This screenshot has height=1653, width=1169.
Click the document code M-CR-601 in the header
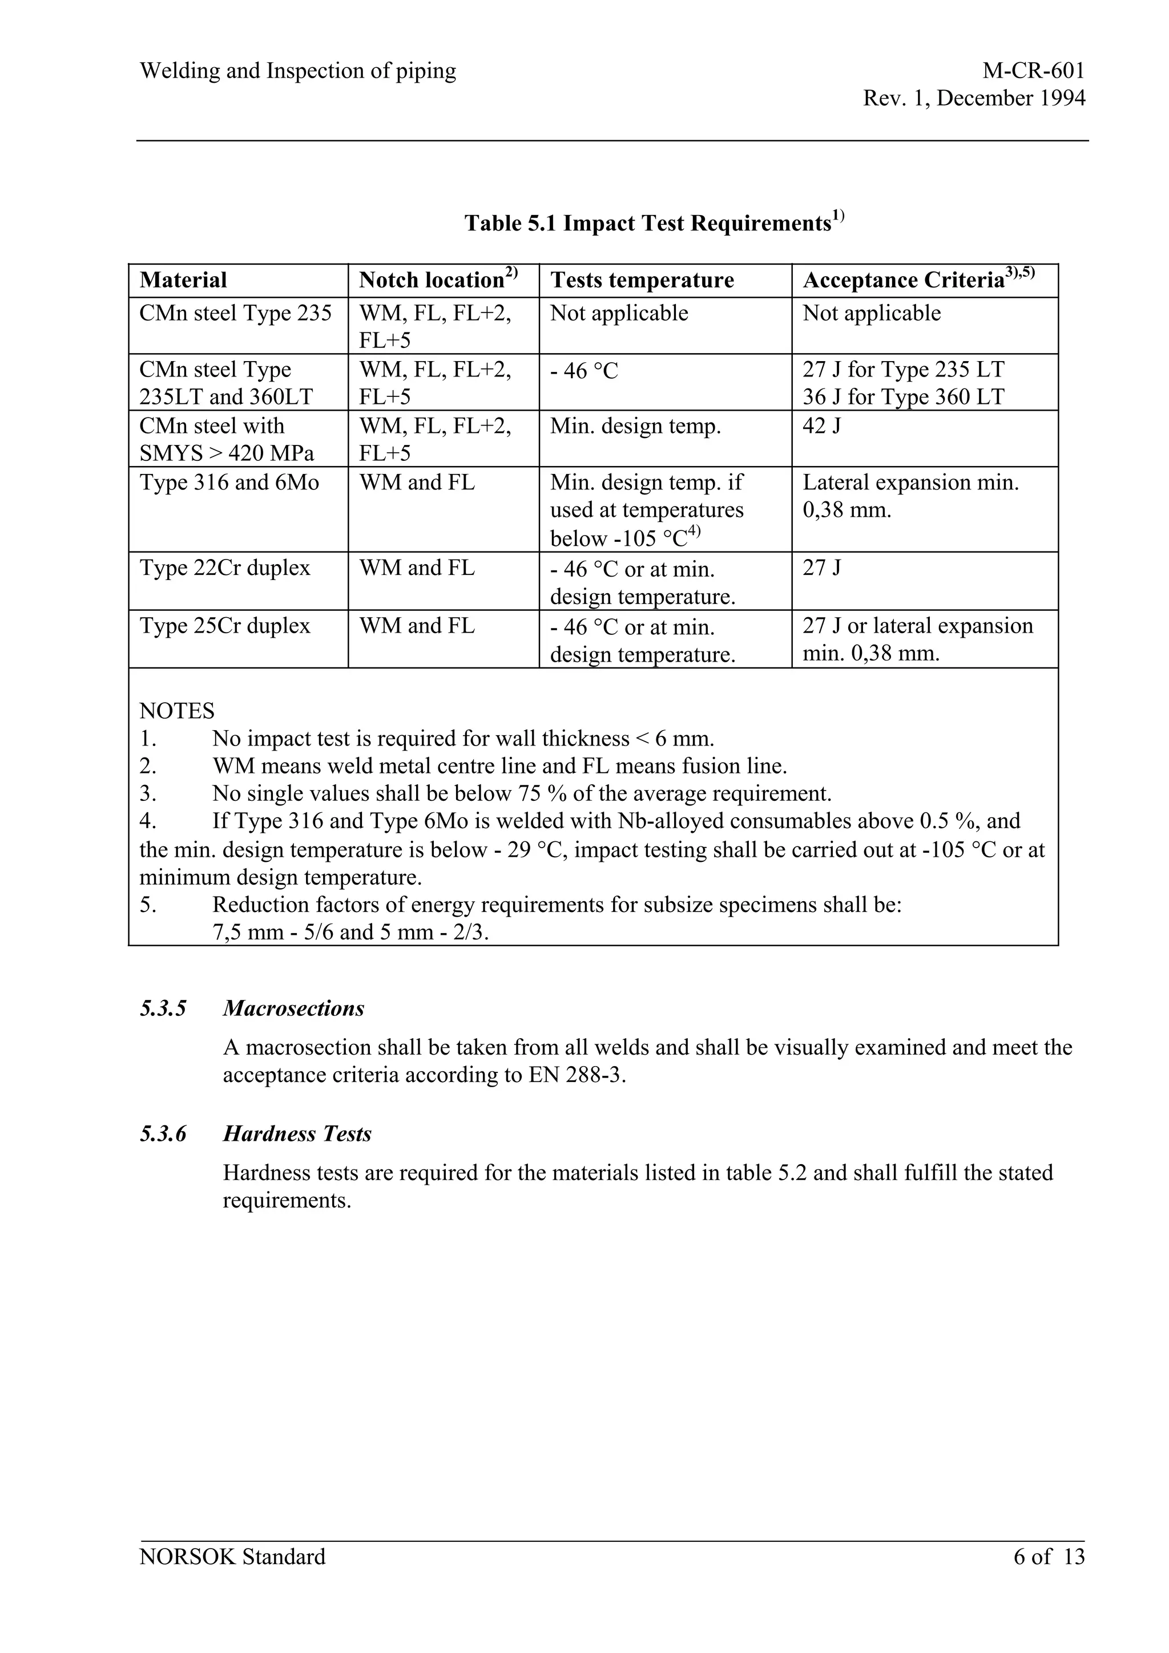(x=1033, y=71)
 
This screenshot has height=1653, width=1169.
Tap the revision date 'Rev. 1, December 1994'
(x=974, y=98)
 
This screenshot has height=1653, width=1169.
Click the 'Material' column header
(x=183, y=280)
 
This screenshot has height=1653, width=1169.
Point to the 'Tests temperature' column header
(x=642, y=280)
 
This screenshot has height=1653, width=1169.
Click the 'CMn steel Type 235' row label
(x=236, y=313)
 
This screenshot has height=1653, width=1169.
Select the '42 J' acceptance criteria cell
(x=822, y=426)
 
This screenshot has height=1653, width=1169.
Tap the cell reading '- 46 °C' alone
(x=584, y=371)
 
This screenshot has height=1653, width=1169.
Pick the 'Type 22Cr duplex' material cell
(x=225, y=568)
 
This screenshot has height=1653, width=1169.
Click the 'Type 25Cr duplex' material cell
(x=225, y=626)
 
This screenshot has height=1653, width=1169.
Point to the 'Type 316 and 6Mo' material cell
(x=229, y=483)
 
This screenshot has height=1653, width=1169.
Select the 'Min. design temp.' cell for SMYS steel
(x=635, y=426)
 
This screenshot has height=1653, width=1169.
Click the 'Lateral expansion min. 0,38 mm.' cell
(x=910, y=496)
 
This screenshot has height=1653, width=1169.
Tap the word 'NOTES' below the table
(x=176, y=711)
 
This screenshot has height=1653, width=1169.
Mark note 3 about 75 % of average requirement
(x=522, y=794)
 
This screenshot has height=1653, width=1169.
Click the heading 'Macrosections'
(x=294, y=1008)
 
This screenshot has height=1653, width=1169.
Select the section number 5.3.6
(x=163, y=1134)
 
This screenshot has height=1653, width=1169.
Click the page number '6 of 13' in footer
(x=1048, y=1557)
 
